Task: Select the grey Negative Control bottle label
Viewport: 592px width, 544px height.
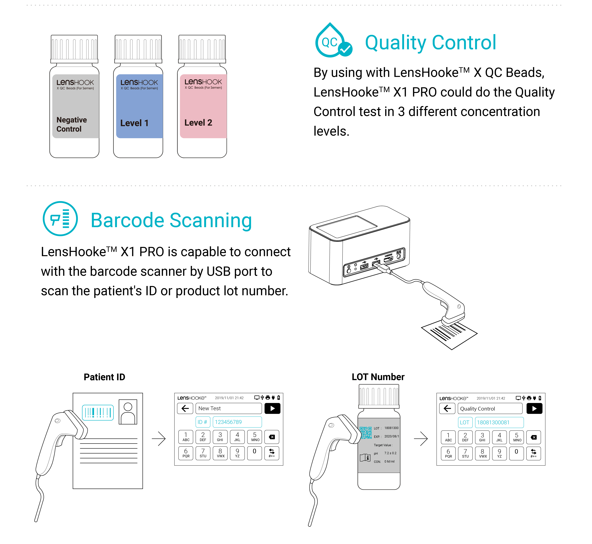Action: (x=75, y=106)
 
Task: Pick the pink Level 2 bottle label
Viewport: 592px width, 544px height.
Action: (x=203, y=106)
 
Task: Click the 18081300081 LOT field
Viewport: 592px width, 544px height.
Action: (x=499, y=422)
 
